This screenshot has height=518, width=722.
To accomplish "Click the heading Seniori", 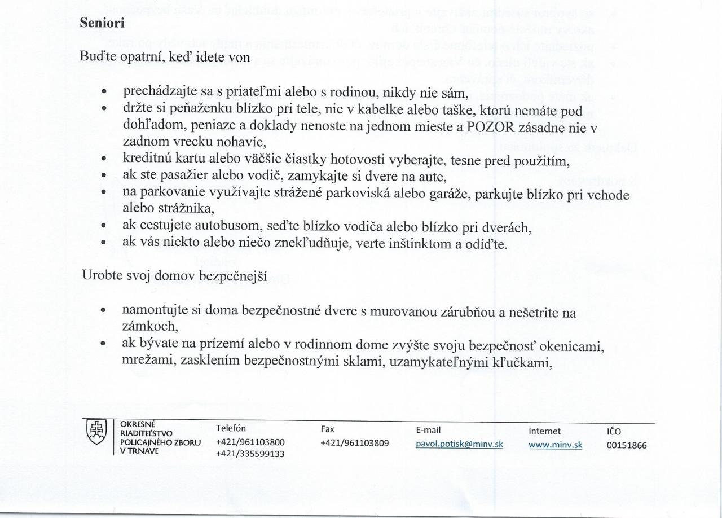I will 101,23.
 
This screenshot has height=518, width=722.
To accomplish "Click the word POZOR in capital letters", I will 490,126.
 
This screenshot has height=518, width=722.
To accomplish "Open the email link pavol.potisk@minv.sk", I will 459,444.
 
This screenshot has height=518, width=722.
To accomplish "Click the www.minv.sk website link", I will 555,445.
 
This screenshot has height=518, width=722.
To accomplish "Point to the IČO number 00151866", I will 626,445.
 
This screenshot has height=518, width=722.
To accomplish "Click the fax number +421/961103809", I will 354,443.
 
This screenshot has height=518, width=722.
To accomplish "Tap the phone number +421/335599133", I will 250,454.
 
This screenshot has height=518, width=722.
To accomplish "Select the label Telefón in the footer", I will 231,428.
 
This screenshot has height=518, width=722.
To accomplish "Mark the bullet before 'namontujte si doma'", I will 104,310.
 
